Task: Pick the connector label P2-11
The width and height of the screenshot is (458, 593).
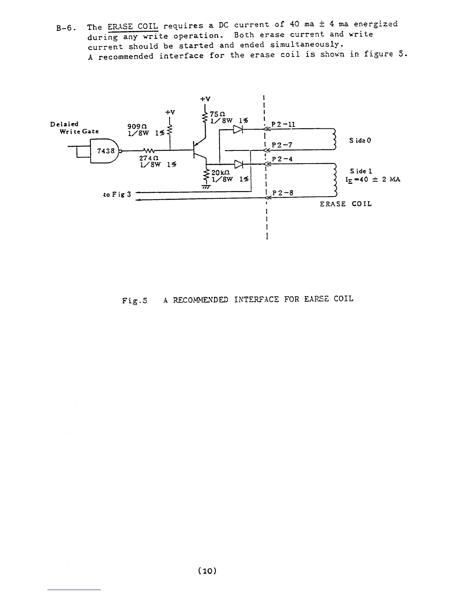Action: pyautogui.click(x=283, y=124)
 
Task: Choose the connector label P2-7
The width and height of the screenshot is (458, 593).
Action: pyautogui.click(x=282, y=145)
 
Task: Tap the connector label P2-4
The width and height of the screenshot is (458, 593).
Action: pyautogui.click(x=282, y=159)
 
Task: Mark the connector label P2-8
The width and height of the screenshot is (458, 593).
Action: pyautogui.click(x=283, y=193)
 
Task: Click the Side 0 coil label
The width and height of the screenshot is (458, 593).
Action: pyautogui.click(x=360, y=140)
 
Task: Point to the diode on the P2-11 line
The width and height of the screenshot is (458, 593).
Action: pyautogui.click(x=238, y=130)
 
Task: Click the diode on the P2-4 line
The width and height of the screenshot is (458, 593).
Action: pyautogui.click(x=238, y=164)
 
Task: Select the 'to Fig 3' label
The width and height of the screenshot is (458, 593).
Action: pyautogui.click(x=116, y=194)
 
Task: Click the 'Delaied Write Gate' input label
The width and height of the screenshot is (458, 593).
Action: pyautogui.click(x=75, y=128)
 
